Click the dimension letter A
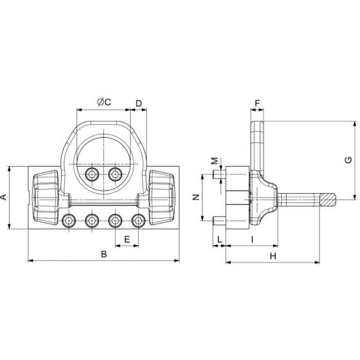(4, 197)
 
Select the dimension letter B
(103, 255)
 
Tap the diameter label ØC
(103, 102)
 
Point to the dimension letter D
(139, 103)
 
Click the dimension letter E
(127, 239)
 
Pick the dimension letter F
(258, 103)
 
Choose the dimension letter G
(349, 160)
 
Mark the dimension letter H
(273, 256)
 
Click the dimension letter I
(252, 239)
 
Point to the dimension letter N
(195, 197)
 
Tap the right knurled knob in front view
(161, 197)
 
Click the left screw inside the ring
(92, 174)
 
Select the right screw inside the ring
(114, 174)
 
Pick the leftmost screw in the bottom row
(68, 221)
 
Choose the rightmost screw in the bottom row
(137, 221)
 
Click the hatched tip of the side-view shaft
(327, 198)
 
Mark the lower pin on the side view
(218, 222)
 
